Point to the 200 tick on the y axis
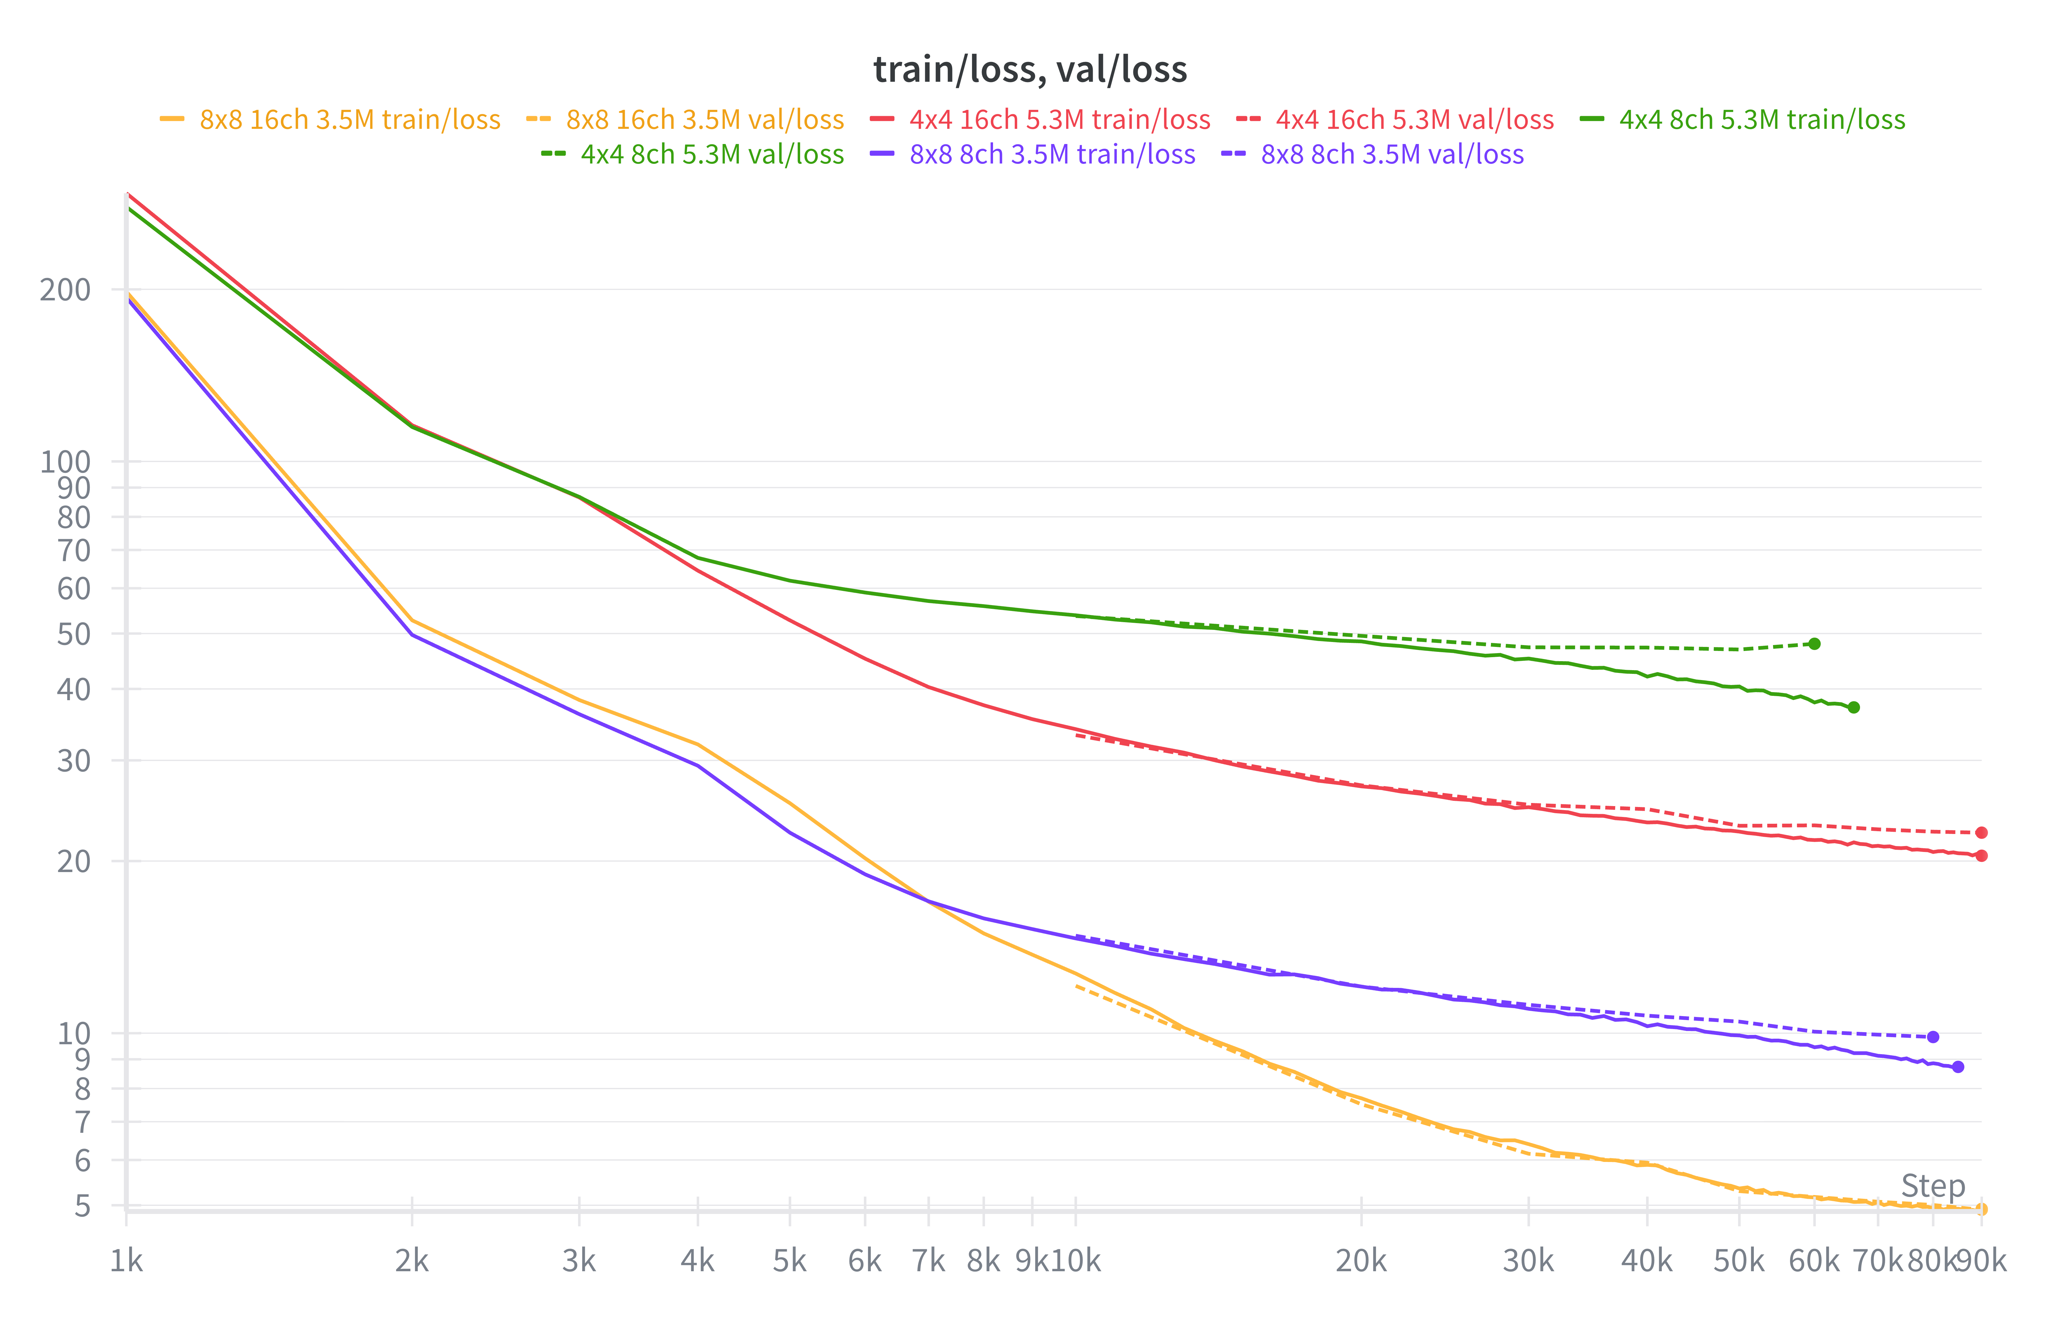click(65, 290)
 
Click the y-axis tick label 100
click(65, 462)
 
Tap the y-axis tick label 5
click(82, 1206)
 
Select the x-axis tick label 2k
click(412, 1261)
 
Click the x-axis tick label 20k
click(1361, 1261)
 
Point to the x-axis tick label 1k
click(127, 1261)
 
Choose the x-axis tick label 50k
click(1738, 1261)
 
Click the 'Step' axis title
click(1932, 1186)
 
